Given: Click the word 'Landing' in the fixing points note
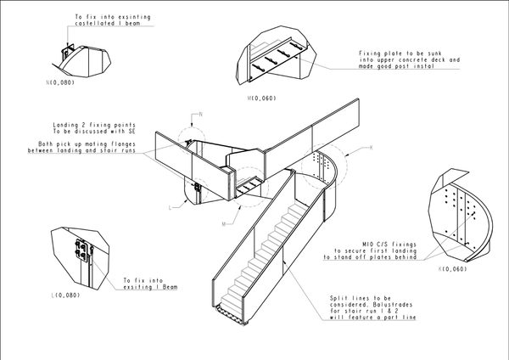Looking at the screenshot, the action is pos(65,125).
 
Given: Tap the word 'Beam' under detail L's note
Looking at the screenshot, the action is pos(171,287).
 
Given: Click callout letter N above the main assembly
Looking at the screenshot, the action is pos(201,114).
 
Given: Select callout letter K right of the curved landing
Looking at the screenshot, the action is pos(372,148).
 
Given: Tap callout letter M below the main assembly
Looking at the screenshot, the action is pos(224,224).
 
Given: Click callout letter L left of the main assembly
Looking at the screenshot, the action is pos(171,208).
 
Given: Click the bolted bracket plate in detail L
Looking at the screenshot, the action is pos(81,250).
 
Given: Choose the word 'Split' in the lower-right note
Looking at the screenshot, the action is pos(338,298).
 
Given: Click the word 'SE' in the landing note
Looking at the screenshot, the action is pos(131,132).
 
